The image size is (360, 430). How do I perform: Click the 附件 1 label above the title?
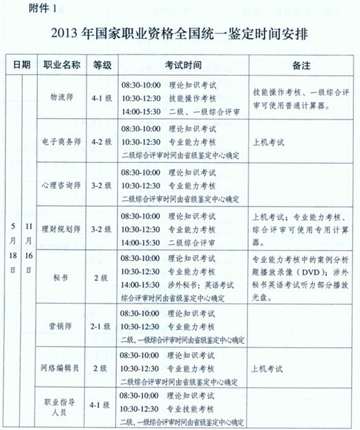coord(24,9)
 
